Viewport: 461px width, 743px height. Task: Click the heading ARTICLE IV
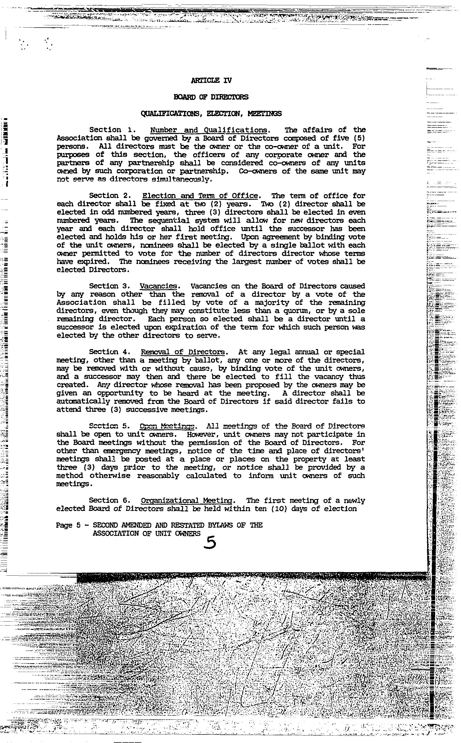pyautogui.click(x=211, y=81)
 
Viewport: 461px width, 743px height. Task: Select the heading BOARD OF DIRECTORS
pyautogui.click(x=211, y=97)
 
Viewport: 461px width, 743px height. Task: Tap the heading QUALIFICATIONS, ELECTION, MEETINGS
pyautogui.click(x=211, y=114)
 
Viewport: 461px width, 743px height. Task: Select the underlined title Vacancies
pyautogui.click(x=158, y=286)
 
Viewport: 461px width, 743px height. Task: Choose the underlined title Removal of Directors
pyautogui.click(x=183, y=352)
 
